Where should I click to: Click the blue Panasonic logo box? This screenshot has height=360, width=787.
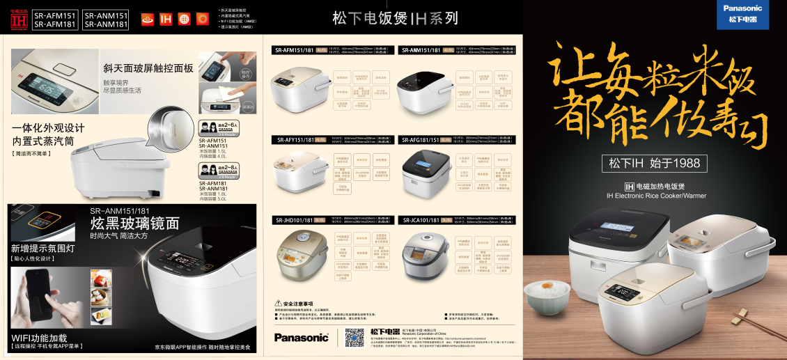742,14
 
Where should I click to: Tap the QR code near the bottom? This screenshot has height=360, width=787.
354,338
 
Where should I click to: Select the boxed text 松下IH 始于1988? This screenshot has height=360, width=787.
655,164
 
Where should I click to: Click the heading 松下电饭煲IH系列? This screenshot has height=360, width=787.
394,17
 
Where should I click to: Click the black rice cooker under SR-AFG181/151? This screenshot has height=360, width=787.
426,174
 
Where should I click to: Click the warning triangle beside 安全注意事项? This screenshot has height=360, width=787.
278,304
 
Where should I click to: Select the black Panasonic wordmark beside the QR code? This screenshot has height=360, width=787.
301,338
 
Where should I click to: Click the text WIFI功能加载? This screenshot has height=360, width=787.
39,337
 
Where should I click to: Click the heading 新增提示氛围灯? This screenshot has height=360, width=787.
42,248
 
